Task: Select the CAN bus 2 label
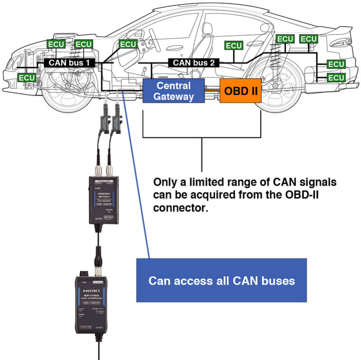[194, 63]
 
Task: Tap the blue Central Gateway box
[174, 91]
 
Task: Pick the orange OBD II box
[241, 91]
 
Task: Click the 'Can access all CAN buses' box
[222, 281]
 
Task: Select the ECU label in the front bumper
[27, 77]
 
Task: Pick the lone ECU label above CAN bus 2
[234, 46]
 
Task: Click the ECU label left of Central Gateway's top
[128, 44]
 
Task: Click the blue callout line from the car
[135, 181]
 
